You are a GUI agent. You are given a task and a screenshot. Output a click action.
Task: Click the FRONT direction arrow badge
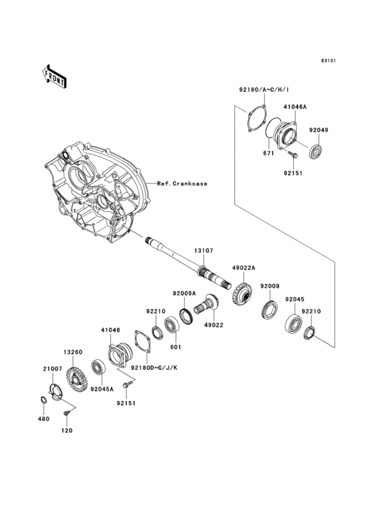(x=55, y=75)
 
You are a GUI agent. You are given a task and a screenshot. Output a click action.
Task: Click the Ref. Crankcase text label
(x=182, y=184)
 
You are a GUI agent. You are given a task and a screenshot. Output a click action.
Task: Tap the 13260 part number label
(x=73, y=351)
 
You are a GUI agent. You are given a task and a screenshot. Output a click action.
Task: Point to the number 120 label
(x=69, y=431)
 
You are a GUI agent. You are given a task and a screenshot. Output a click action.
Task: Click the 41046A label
(x=294, y=107)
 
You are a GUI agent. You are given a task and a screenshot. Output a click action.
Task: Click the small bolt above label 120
(x=67, y=413)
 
